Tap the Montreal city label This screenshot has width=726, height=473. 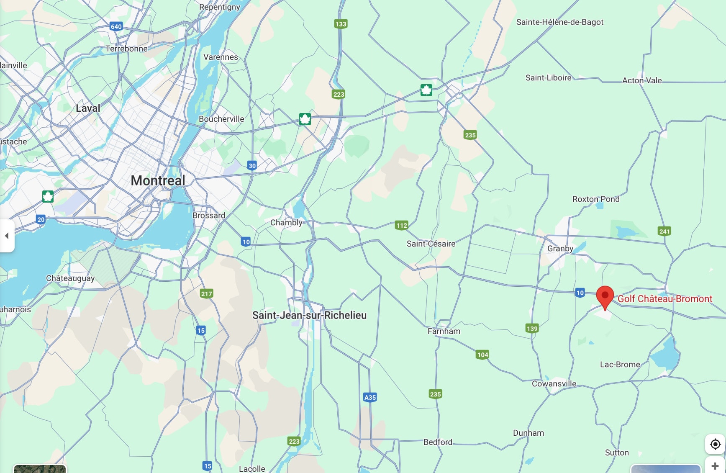coord(158,180)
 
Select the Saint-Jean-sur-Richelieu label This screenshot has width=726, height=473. coord(309,315)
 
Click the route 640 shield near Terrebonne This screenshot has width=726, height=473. coord(116,26)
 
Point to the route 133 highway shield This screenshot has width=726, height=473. coord(341,24)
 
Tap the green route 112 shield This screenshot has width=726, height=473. coord(401,225)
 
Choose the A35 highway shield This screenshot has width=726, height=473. coord(370,397)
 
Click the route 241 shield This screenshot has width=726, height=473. coord(664,231)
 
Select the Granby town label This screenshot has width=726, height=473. coord(560,248)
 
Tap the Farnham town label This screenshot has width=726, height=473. coord(444,331)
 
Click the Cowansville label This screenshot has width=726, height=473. coord(554,383)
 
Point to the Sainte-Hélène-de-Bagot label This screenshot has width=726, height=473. coord(559,22)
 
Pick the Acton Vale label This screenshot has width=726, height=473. coord(641,80)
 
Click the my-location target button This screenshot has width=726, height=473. coord(715,444)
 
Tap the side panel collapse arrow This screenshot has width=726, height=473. coord(7,236)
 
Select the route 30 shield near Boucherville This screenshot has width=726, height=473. coord(252,165)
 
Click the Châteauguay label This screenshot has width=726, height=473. coord(70,278)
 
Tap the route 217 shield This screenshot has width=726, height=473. coord(206,293)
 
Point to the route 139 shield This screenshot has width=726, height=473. coord(532,328)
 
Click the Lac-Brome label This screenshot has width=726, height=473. coord(620,364)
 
